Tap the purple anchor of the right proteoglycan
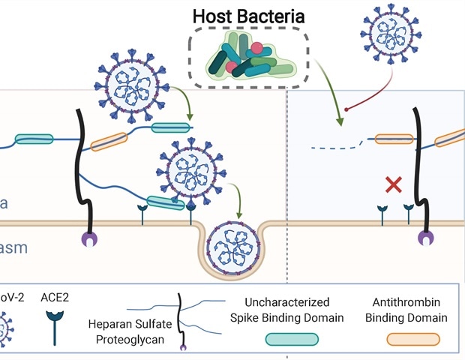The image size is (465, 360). (x=425, y=239)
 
